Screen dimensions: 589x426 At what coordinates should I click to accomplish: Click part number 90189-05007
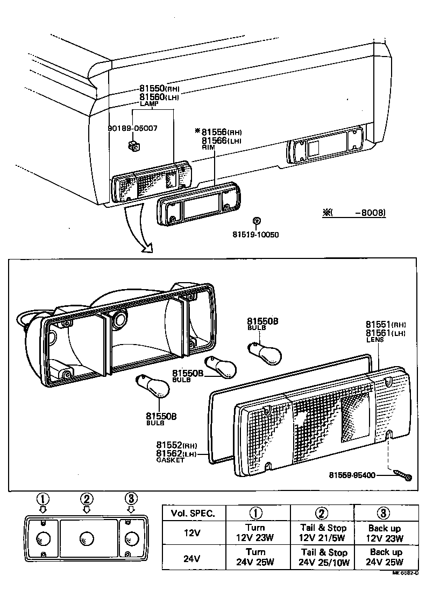(132, 129)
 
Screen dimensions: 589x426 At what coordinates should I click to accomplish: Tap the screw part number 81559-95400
(352, 475)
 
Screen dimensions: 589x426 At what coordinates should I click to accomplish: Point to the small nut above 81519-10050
(257, 220)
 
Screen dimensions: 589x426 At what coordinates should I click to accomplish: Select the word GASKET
(170, 461)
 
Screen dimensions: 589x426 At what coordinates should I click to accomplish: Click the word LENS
(375, 340)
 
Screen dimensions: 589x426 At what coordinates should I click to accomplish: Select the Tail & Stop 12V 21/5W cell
(322, 532)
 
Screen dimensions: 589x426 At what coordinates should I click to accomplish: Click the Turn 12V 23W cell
(256, 532)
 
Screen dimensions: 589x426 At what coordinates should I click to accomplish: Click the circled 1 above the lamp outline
(42, 498)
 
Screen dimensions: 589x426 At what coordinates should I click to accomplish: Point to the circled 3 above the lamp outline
(131, 498)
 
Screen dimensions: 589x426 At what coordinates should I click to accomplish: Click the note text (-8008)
(355, 213)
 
